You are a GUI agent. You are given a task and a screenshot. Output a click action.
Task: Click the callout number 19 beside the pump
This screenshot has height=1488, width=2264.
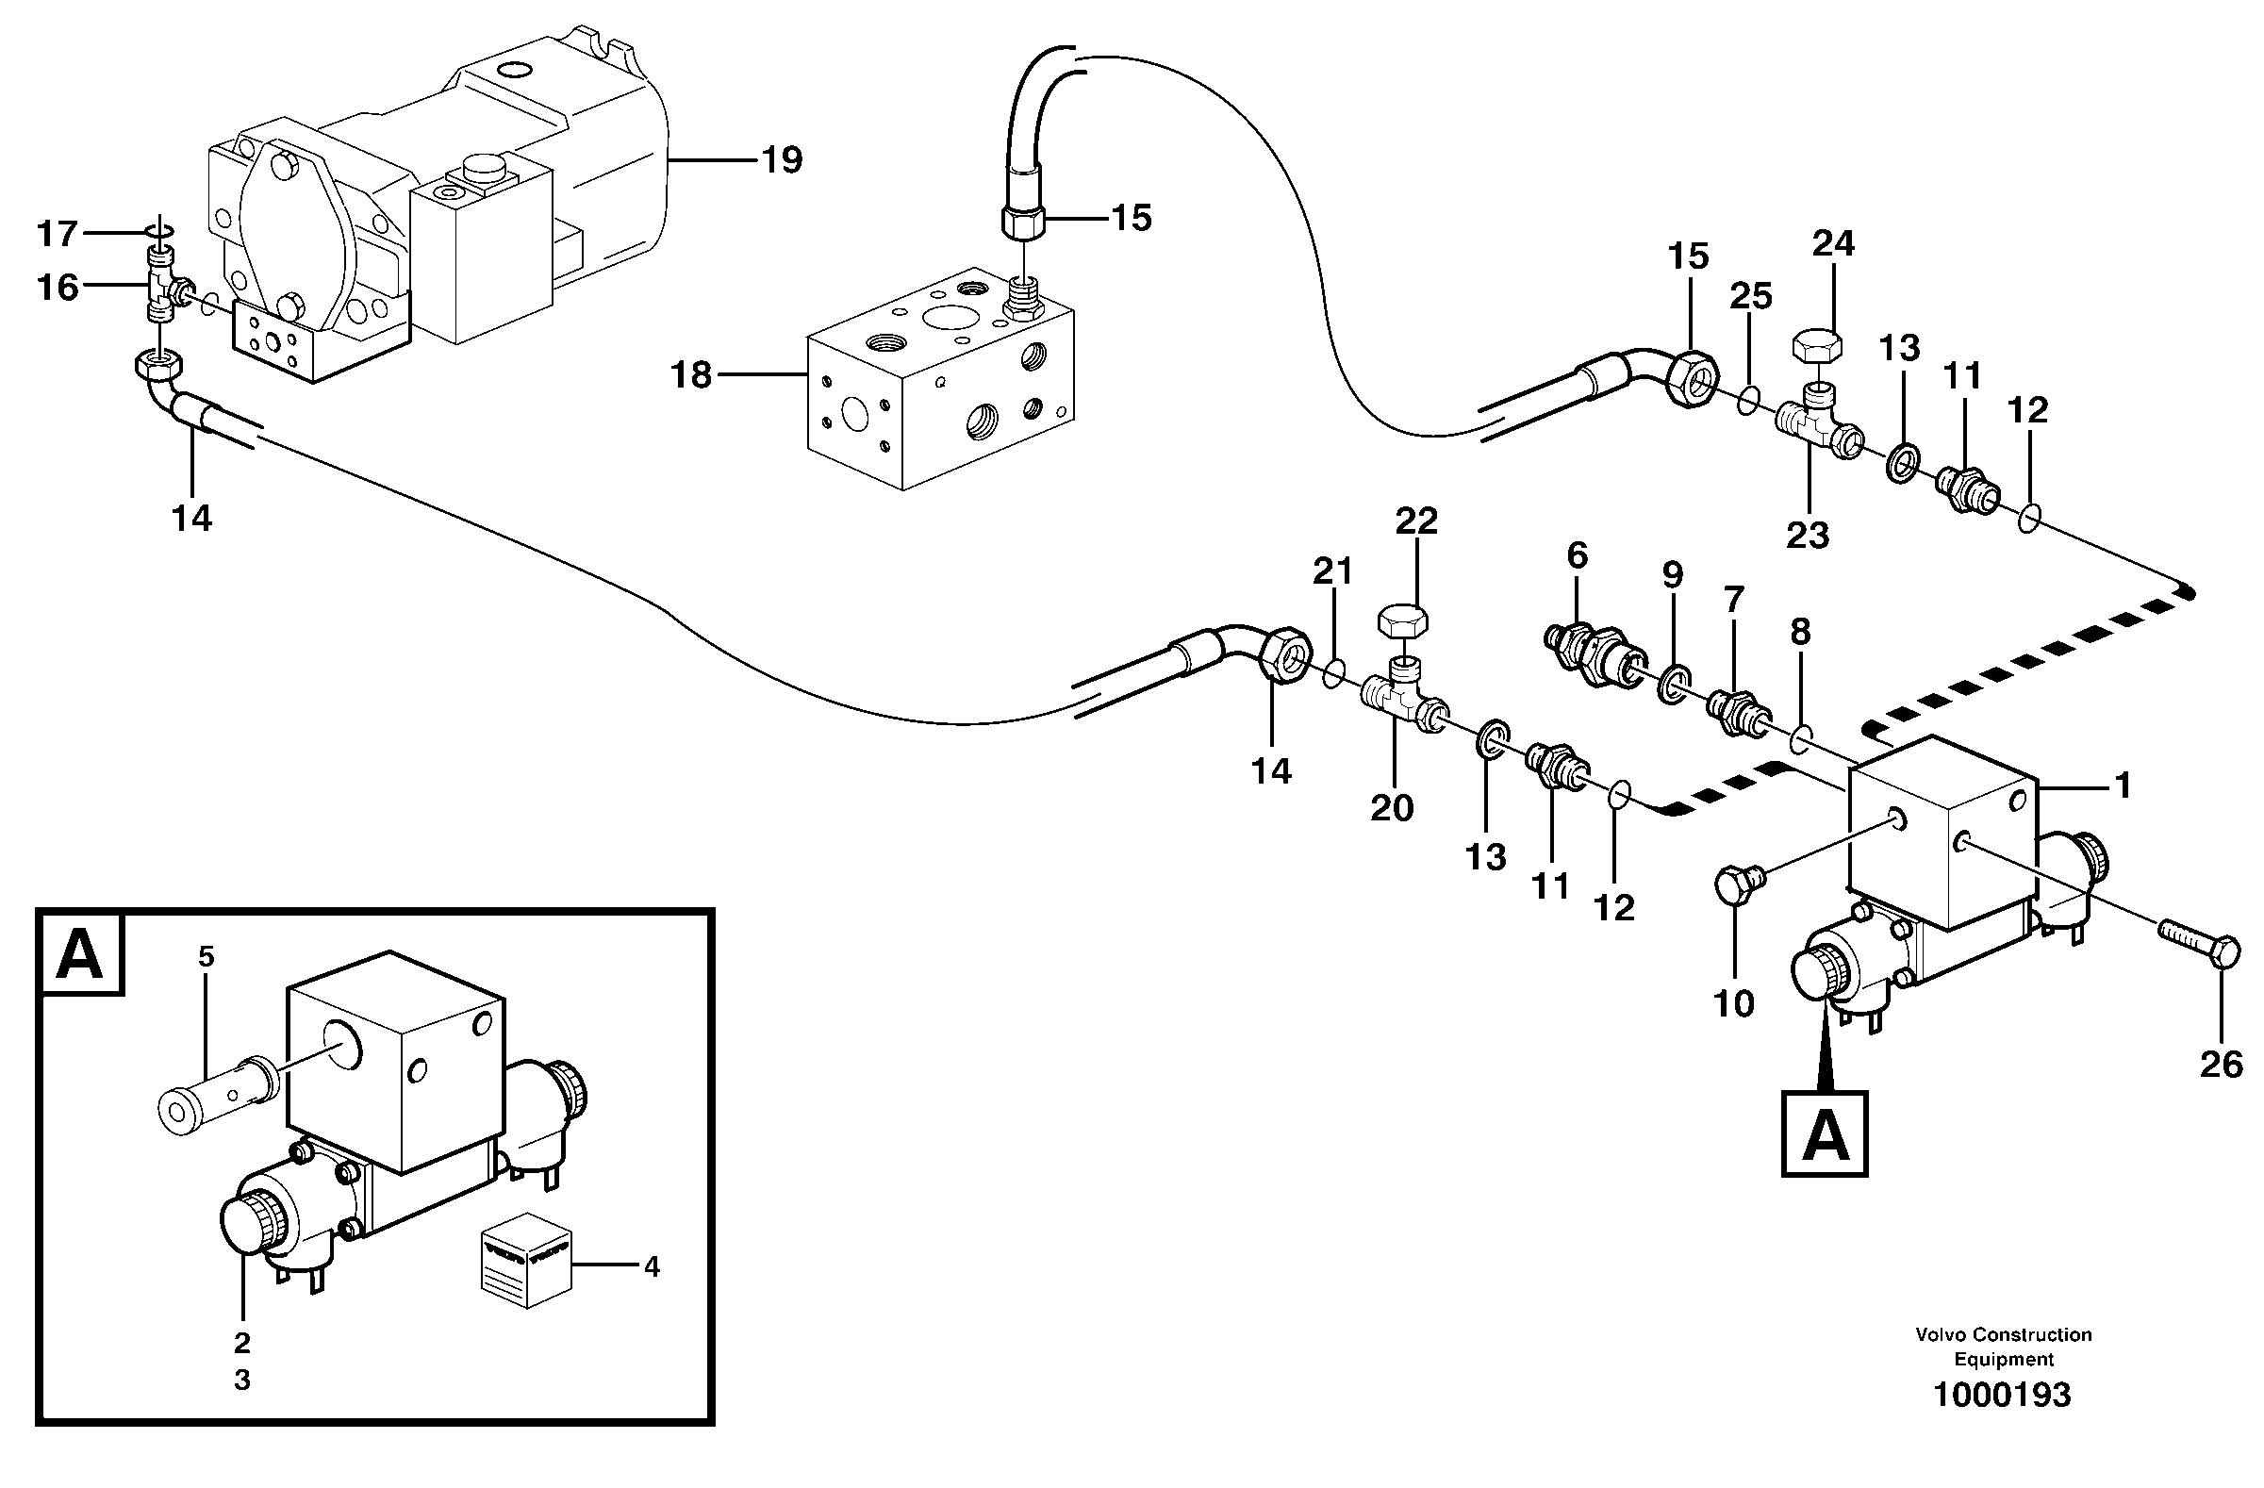(782, 161)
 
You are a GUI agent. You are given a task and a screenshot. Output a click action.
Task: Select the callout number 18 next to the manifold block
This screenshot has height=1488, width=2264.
(691, 376)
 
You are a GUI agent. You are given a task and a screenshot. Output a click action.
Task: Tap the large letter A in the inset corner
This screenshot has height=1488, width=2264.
(80, 954)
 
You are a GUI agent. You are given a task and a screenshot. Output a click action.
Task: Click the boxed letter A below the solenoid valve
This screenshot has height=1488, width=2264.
(1824, 1135)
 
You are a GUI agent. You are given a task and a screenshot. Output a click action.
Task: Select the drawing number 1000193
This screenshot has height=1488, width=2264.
(2002, 1396)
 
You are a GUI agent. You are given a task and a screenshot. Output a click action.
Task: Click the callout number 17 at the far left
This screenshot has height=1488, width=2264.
(58, 233)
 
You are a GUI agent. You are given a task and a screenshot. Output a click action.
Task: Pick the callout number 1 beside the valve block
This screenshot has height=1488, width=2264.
(2122, 785)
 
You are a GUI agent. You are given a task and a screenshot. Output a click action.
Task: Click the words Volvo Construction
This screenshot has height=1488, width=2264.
(2004, 1335)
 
